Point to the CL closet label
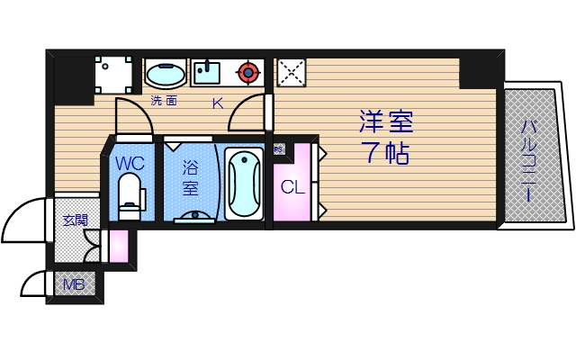(291, 188)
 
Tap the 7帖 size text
(387, 152)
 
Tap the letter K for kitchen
(217, 103)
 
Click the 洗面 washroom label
(164, 101)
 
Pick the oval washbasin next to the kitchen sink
(166, 72)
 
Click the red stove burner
(248, 71)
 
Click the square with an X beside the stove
(290, 72)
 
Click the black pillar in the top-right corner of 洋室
(477, 71)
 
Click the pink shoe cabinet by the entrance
(118, 245)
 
